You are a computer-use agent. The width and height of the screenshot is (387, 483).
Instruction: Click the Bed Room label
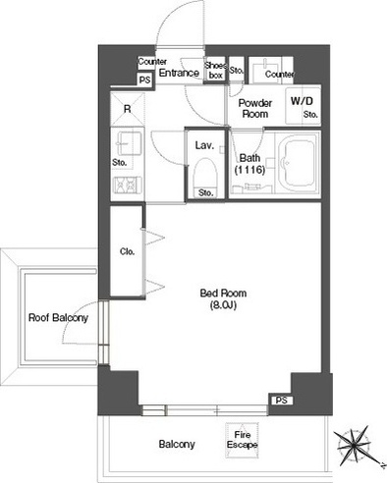coord(223,293)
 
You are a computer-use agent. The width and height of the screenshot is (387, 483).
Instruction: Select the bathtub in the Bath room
coord(297,164)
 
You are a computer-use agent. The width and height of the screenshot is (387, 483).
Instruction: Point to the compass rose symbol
coord(356,446)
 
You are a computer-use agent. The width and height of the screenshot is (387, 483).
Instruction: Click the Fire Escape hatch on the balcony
coord(242,440)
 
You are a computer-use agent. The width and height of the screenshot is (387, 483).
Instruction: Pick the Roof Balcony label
coord(58,317)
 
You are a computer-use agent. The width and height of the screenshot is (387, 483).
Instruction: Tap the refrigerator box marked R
coord(128,109)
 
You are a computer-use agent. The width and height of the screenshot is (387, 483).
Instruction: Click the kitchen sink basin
coord(129,143)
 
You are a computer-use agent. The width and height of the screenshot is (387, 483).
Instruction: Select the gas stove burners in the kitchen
coord(128,186)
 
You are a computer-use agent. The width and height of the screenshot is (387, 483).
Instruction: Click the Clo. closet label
coord(127,251)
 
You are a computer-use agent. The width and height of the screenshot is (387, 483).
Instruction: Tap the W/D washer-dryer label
coord(302,101)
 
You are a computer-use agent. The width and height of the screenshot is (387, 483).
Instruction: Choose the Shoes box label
coord(215,70)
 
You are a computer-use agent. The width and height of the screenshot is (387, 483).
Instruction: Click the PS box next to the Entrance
coord(145,80)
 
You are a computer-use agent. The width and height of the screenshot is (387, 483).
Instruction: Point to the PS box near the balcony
coord(281,401)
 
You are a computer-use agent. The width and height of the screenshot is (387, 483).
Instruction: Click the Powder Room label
coord(255,108)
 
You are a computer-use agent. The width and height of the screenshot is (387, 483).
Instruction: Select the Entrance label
coord(179,73)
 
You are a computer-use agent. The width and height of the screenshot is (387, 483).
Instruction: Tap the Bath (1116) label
coord(249,164)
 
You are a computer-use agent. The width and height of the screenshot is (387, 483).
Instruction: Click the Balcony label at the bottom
coord(177,444)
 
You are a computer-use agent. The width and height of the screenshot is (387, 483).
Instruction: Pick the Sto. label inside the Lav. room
coord(205,192)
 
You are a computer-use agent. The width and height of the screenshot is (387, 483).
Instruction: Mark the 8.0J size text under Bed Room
coord(223,305)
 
